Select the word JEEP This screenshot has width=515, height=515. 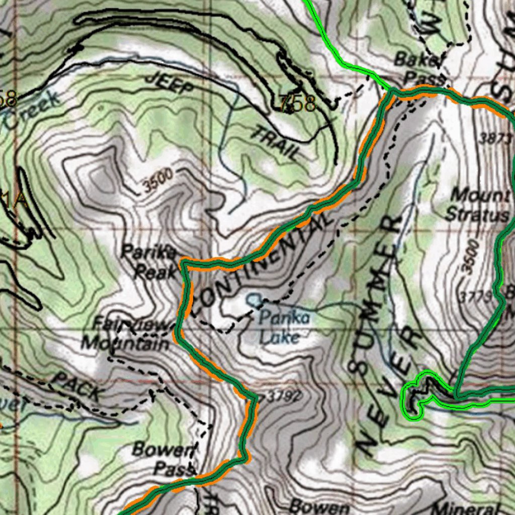[x=169, y=83]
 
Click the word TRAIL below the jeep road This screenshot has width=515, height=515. [x=275, y=143]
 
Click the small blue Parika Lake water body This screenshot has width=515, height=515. [x=253, y=300]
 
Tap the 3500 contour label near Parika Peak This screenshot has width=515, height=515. [x=157, y=181]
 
